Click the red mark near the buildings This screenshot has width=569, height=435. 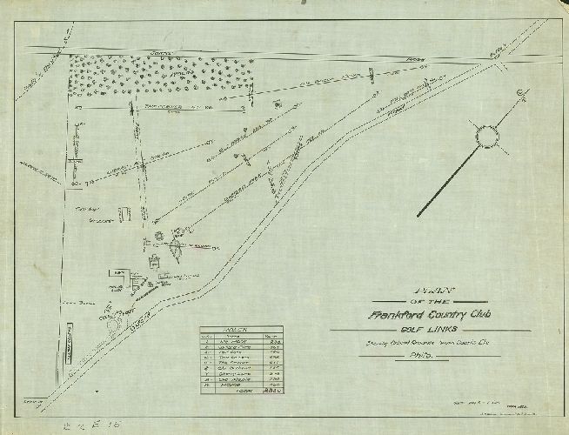coord(201,245)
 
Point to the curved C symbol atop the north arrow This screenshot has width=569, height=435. coord(519,93)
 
